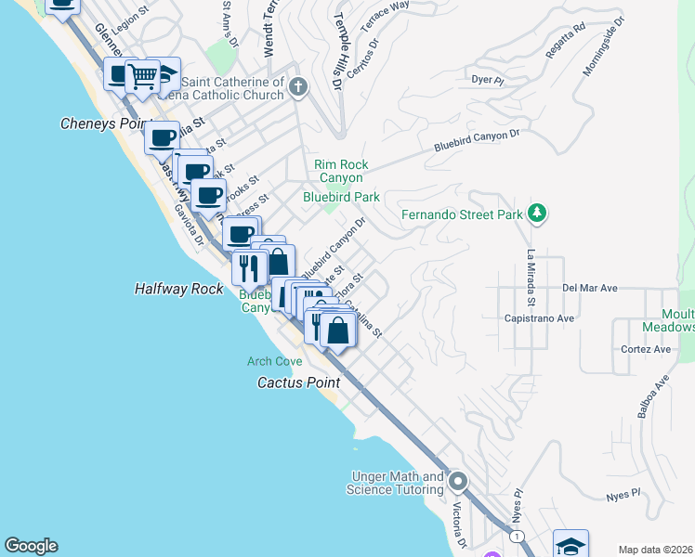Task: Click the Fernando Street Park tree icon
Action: click(536, 214)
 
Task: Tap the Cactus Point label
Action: click(298, 382)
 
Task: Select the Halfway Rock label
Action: click(179, 289)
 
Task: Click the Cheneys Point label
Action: click(105, 123)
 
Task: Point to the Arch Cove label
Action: click(274, 361)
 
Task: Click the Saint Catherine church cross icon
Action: click(297, 88)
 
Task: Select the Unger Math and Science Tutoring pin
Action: click(457, 482)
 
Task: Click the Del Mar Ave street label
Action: click(590, 288)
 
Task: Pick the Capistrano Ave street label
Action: click(566, 317)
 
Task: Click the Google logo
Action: click(31, 546)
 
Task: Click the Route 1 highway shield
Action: click(516, 538)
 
